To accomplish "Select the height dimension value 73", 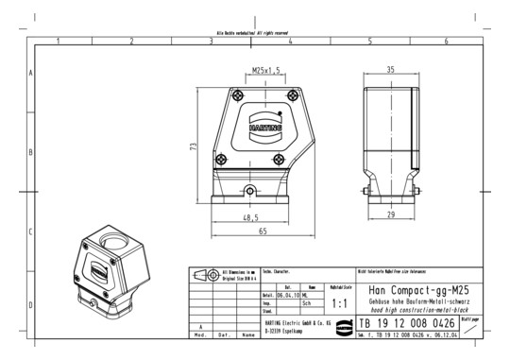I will pyautogui.click(x=193, y=146).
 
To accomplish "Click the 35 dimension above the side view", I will pyautogui.click(x=390, y=70).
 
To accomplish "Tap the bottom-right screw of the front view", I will pyautogui.click(x=280, y=160).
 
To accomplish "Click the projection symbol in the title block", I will pyautogui.click(x=203, y=274).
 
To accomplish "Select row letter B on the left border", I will pyautogui.click(x=31, y=151).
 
